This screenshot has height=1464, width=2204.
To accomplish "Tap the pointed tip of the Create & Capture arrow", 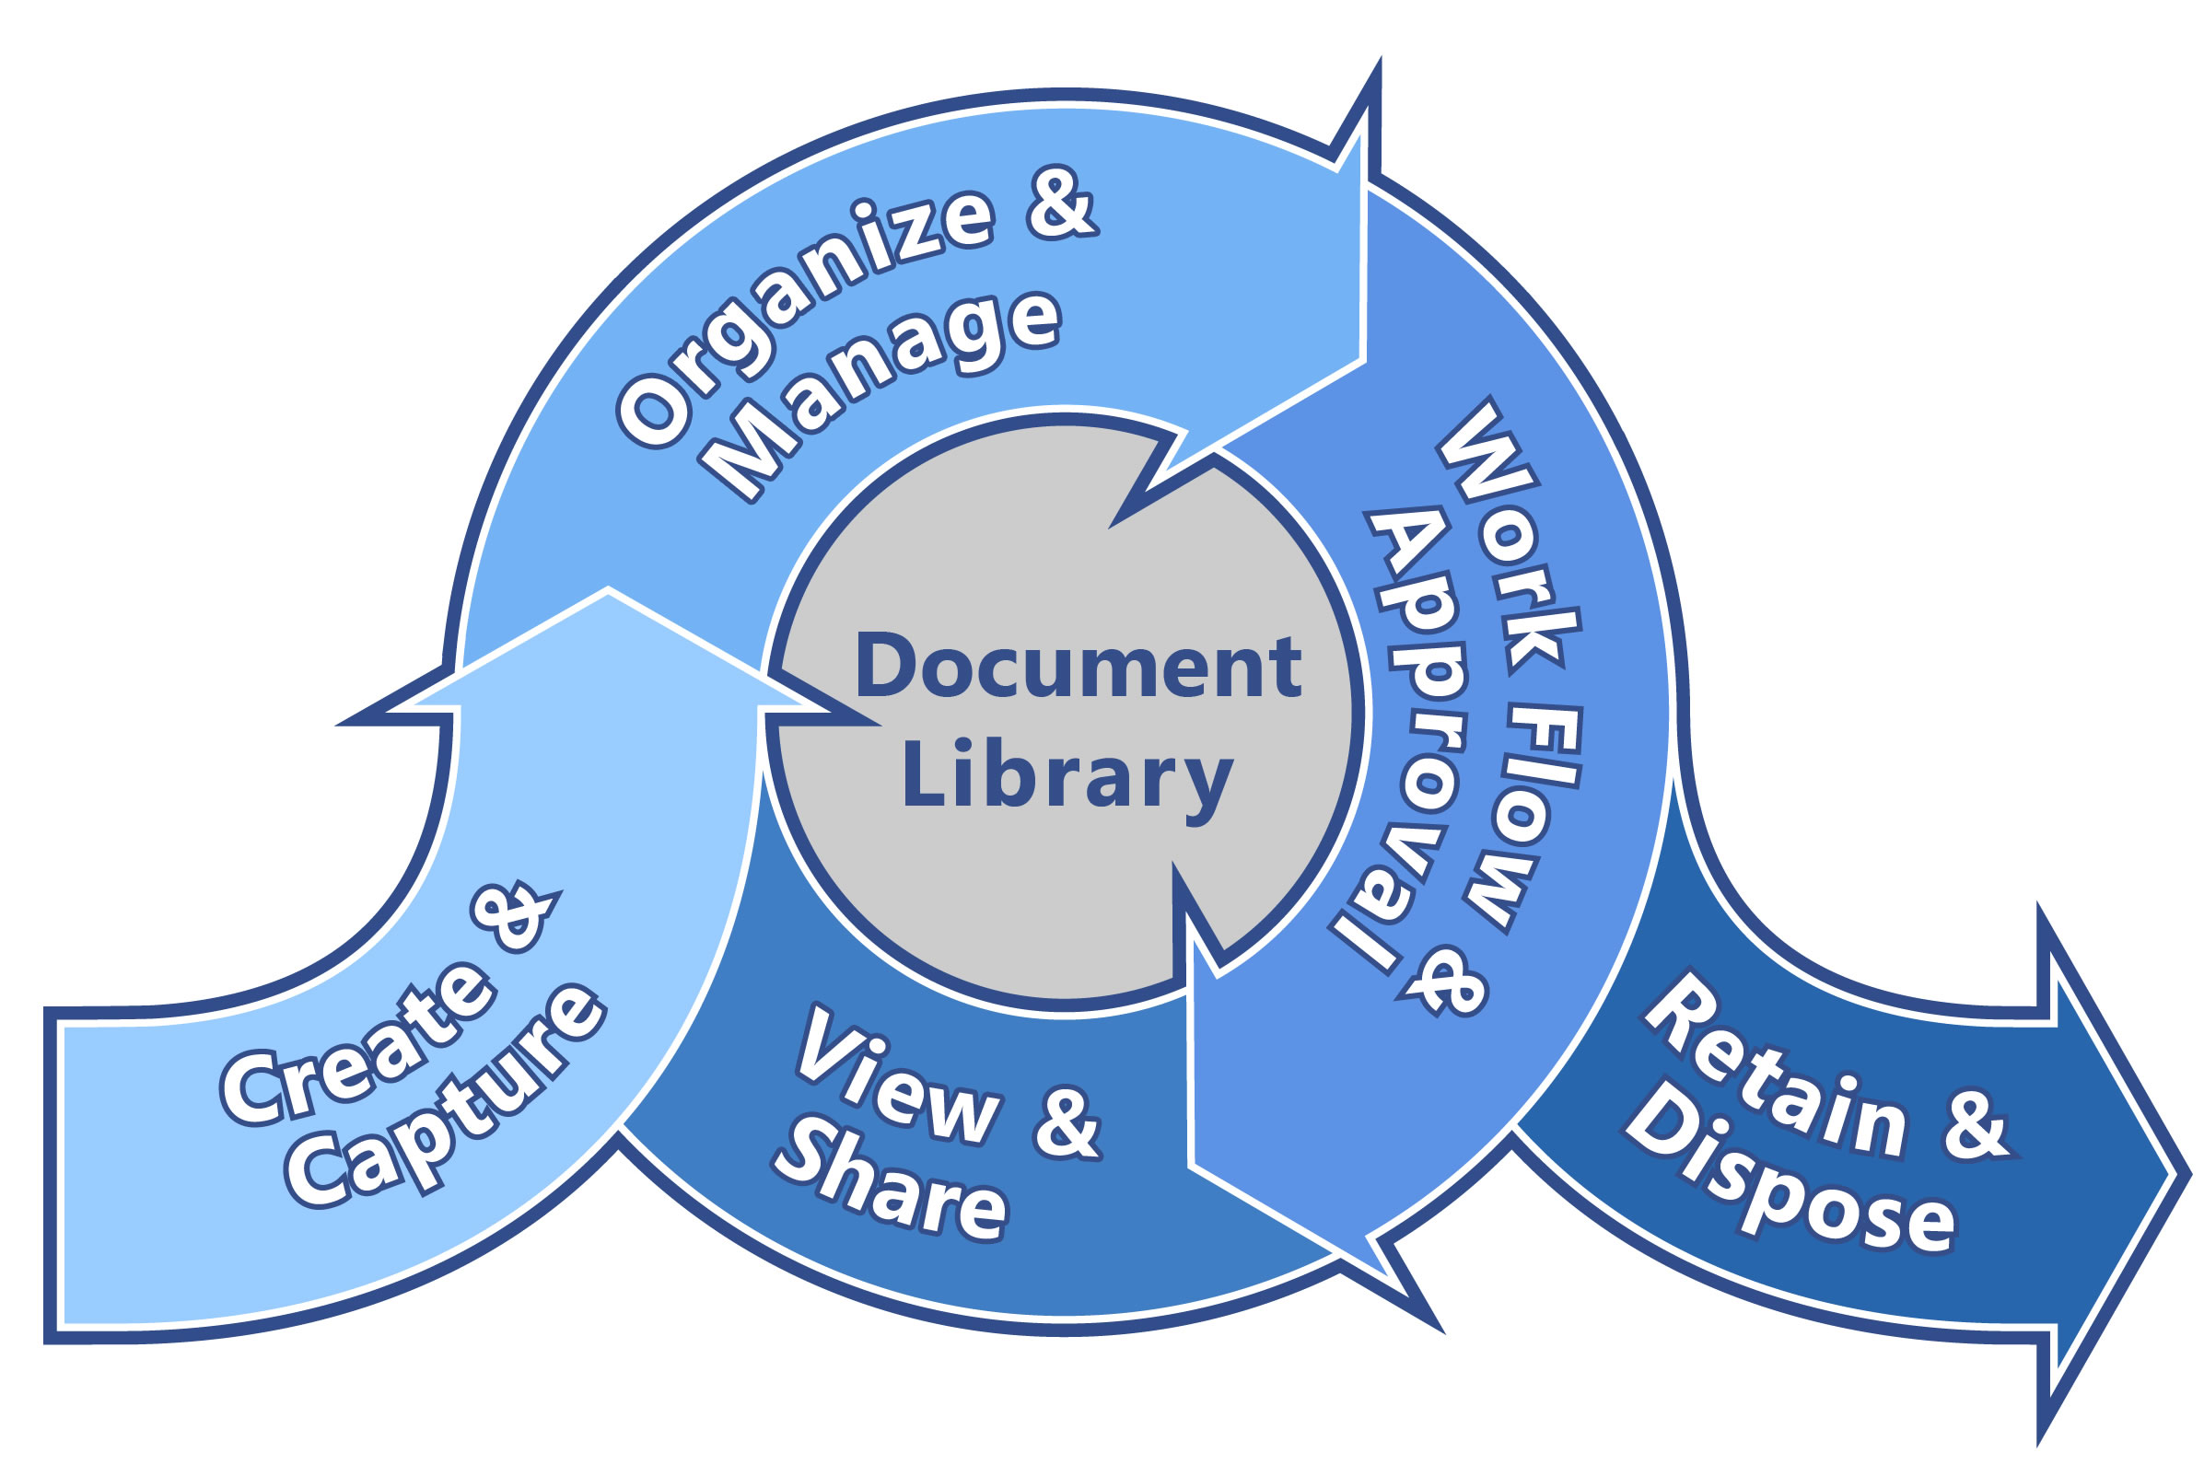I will [x=608, y=590].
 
